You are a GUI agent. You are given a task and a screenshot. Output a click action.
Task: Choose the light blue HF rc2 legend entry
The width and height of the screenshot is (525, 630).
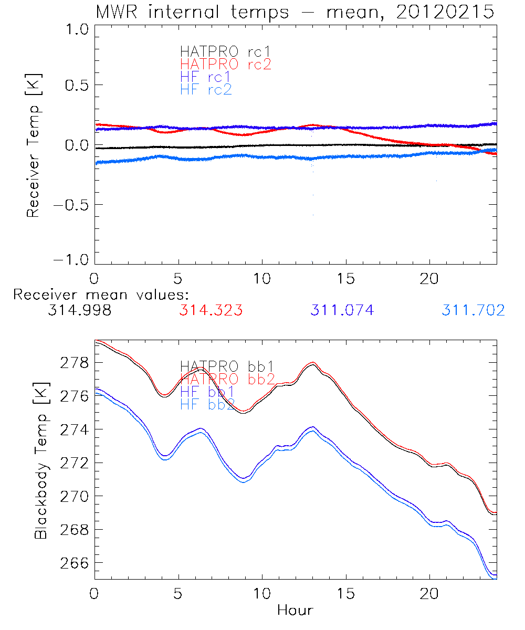205,89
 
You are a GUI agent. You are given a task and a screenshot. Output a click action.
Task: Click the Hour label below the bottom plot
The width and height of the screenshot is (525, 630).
295,610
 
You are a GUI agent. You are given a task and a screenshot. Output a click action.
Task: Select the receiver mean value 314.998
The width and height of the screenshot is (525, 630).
79,311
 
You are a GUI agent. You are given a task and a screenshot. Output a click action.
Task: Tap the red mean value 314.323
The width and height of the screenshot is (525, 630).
211,311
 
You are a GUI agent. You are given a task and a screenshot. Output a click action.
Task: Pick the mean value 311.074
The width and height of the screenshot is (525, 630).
342,311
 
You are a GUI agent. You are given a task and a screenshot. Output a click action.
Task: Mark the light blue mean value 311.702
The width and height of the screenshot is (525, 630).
473,311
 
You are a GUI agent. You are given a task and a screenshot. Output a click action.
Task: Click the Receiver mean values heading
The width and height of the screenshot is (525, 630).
101,295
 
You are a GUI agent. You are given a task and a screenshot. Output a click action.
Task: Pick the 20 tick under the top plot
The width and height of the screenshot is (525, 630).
429,278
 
